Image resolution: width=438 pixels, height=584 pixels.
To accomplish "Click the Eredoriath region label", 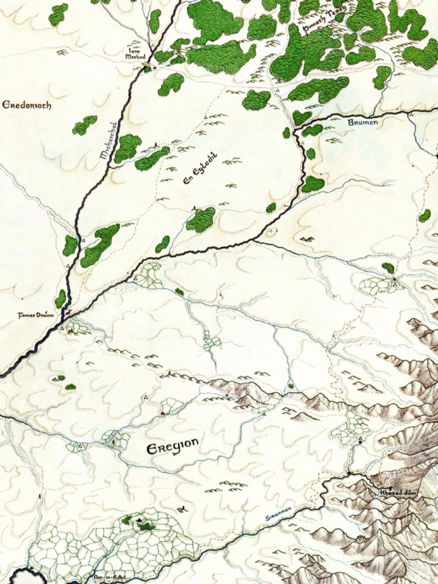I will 27,105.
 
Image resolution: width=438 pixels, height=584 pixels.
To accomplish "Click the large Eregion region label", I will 173,445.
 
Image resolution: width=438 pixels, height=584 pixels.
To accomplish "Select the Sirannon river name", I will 279,513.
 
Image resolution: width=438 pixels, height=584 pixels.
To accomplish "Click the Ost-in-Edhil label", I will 109,577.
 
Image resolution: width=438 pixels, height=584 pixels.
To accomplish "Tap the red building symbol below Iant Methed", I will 144,68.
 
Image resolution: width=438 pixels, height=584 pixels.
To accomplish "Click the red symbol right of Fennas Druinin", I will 68,313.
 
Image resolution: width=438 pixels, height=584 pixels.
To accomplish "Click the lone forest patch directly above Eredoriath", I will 58,14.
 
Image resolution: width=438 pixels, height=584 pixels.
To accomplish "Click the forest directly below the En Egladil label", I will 201,220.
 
